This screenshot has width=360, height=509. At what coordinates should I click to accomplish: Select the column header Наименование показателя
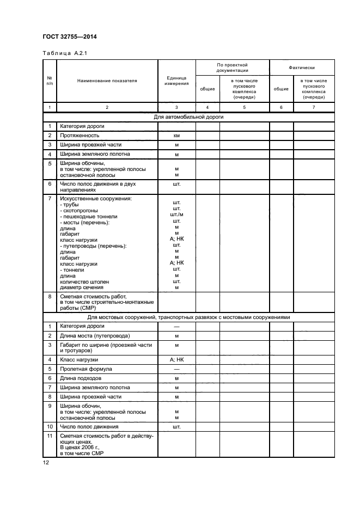pyautogui.click(x=107, y=81)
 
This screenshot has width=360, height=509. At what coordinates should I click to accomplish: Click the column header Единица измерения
pyautogui.click(x=176, y=81)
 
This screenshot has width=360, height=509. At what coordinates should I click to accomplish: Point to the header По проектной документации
pyautogui.click(x=232, y=68)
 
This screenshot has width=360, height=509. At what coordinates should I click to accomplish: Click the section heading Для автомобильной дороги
pyautogui.click(x=188, y=116)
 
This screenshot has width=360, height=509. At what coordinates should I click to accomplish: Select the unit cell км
pyautogui.click(x=176, y=135)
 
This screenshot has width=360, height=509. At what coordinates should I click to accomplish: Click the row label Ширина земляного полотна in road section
pyautogui.click(x=95, y=154)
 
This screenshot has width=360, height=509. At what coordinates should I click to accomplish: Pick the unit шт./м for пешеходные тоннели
pyautogui.click(x=176, y=214)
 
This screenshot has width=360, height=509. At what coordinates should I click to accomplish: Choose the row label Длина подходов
pyautogui.click(x=81, y=378)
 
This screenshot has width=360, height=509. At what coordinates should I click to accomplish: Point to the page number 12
pyautogui.click(x=46, y=463)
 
